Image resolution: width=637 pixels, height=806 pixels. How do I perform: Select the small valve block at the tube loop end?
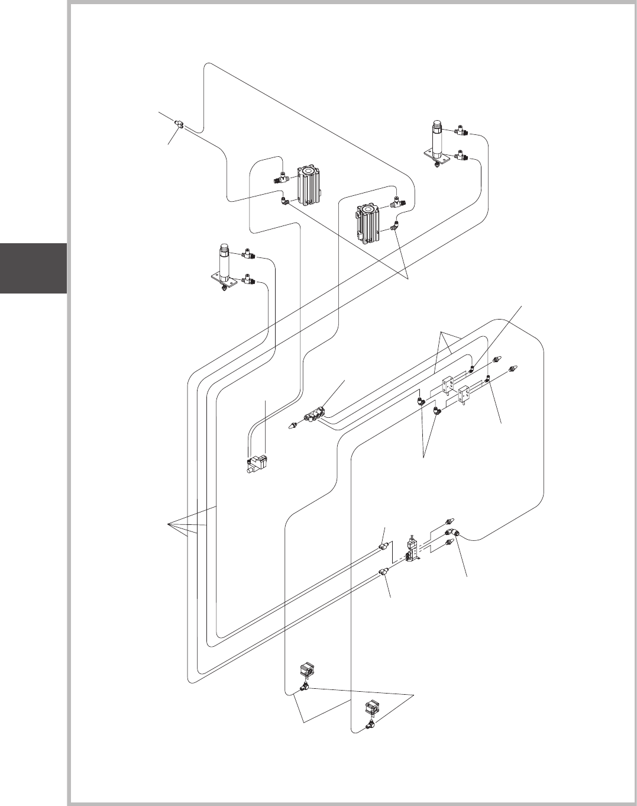(256, 463)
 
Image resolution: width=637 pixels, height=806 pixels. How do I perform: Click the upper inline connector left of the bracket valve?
(383, 543)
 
